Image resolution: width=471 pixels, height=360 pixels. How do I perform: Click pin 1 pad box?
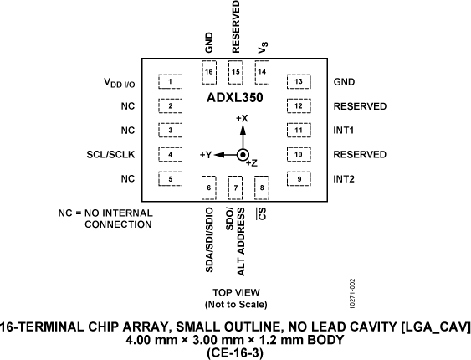click(x=171, y=82)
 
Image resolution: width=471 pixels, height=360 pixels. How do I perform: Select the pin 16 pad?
click(x=209, y=72)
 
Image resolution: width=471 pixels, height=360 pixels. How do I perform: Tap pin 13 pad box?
click(x=298, y=82)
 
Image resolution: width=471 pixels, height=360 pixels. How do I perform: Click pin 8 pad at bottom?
click(x=263, y=188)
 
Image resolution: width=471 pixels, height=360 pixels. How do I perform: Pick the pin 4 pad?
click(x=171, y=155)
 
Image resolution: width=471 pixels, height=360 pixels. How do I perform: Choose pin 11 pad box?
click(x=298, y=131)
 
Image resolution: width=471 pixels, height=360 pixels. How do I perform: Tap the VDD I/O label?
click(x=119, y=83)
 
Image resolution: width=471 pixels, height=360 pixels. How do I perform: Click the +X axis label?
click(x=243, y=118)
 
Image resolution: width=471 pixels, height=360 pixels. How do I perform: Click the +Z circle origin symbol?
click(x=243, y=156)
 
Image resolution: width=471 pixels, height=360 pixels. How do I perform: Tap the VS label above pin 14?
click(x=263, y=49)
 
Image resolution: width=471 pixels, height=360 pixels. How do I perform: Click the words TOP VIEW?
click(x=235, y=293)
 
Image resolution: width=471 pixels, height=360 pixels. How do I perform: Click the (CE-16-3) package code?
click(x=235, y=352)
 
